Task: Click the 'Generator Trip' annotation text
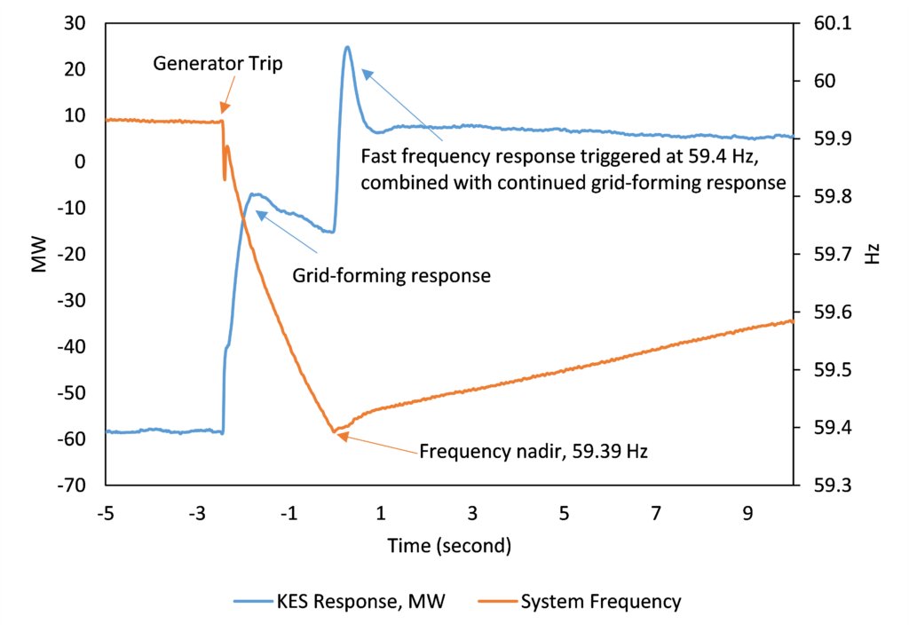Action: pyautogui.click(x=217, y=64)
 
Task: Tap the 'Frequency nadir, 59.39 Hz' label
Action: pyautogui.click(x=534, y=451)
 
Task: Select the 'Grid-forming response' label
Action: pyautogui.click(x=391, y=275)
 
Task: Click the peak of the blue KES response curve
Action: pyautogui.click(x=347, y=47)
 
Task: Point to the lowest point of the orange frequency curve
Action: pyautogui.click(x=336, y=431)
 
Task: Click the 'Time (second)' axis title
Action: pyautogui.click(x=449, y=546)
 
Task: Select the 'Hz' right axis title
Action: pyautogui.click(x=873, y=256)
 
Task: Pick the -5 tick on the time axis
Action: pyautogui.click(x=106, y=514)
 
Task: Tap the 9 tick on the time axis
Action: pyautogui.click(x=747, y=514)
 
